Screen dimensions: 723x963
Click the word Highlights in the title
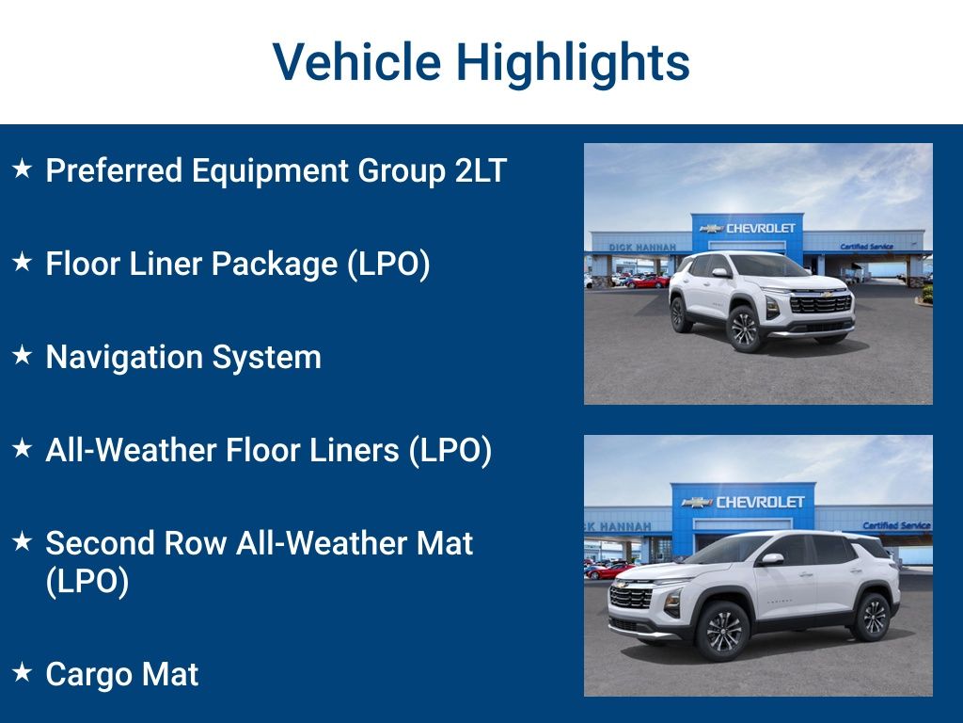pyautogui.click(x=573, y=62)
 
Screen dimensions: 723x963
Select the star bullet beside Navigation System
pyautogui.click(x=22, y=356)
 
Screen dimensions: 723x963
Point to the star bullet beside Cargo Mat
pyautogui.click(x=22, y=672)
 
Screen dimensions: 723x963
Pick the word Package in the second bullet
pyautogui.click(x=275, y=264)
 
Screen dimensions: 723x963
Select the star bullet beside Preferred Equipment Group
pyautogui.click(x=22, y=169)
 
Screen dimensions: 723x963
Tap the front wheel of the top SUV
pyautogui.click(x=744, y=329)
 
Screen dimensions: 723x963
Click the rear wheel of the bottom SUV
pyautogui.click(x=870, y=617)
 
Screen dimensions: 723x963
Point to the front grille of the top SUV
pyautogui.click(x=819, y=303)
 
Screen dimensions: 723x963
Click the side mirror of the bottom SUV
pyautogui.click(x=772, y=559)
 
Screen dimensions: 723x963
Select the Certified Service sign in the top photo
pyautogui.click(x=865, y=247)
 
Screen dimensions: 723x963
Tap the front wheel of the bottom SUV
pyautogui.click(x=722, y=630)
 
